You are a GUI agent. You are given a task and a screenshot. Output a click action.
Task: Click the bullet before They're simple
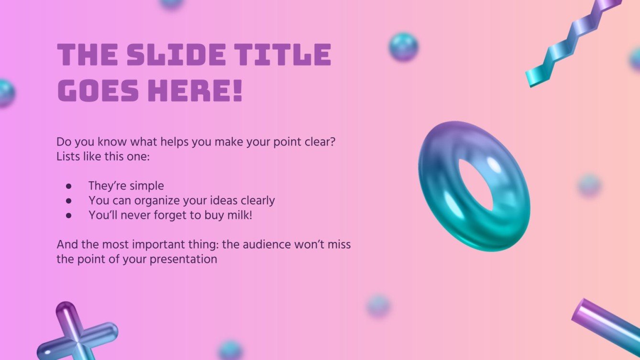click(69, 186)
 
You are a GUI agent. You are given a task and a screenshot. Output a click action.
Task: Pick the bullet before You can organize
click(69, 201)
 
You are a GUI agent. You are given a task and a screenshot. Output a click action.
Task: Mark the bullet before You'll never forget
click(69, 216)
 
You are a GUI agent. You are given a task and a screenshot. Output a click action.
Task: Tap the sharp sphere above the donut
click(403, 47)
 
